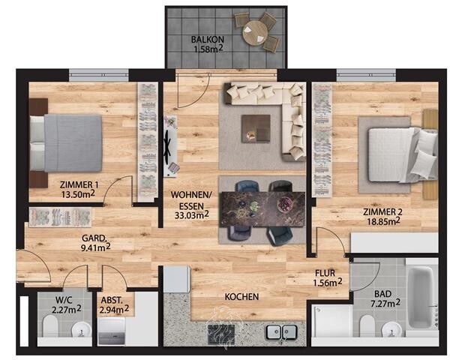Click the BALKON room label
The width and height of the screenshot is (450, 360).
[208, 39]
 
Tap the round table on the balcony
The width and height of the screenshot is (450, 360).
[255, 33]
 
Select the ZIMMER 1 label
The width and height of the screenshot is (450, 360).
[76, 184]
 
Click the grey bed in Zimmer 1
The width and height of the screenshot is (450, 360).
[66, 143]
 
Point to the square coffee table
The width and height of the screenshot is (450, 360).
[256, 128]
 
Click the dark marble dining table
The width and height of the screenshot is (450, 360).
[262, 208]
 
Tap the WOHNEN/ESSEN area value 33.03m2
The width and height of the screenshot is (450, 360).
[192, 215]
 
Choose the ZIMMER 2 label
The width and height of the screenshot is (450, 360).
[382, 212]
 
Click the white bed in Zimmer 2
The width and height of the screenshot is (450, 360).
[403, 154]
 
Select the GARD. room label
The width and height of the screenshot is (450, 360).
[94, 238]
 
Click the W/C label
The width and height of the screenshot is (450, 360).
[64, 300]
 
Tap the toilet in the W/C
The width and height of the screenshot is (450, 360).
[50, 326]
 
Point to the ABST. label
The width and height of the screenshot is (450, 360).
[112, 300]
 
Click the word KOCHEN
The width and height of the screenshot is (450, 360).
[241, 296]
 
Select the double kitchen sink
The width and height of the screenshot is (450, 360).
[281, 331]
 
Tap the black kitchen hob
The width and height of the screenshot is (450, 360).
[222, 334]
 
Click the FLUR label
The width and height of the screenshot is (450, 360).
[325, 273]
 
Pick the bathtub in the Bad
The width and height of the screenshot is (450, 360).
[421, 298]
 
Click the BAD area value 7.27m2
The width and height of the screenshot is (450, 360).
[385, 304]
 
